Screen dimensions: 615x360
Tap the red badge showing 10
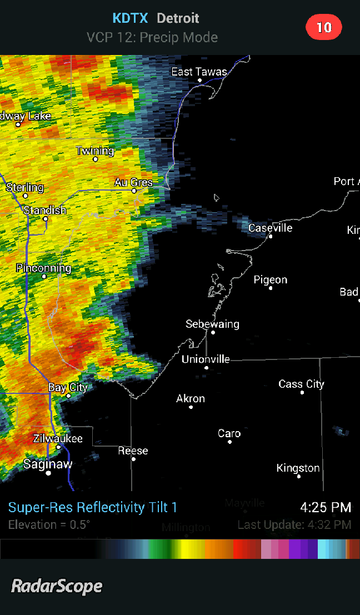pos(324,27)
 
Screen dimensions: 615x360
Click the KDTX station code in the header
pos(130,18)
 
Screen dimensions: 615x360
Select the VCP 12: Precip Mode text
pos(152,37)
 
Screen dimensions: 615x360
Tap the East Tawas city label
pos(199,72)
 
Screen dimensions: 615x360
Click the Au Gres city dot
pos(134,191)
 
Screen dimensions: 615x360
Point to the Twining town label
pos(95,151)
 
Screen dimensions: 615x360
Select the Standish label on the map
pos(44,210)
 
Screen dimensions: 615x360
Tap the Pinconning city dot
pos(44,276)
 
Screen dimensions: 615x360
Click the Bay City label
pos(68,387)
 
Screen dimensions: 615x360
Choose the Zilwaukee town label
pos(58,438)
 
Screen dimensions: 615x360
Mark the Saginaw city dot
pos(48,473)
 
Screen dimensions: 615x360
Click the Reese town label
pos(133,451)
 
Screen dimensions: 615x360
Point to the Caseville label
pos(270,228)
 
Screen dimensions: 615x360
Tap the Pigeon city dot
pos(271,288)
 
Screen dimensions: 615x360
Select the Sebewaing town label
pos(212,324)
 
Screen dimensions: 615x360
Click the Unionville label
pos(206,359)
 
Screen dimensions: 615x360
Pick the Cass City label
pos(301,384)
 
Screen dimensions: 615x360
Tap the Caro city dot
pos(229,442)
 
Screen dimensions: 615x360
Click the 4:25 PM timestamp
pos(326,507)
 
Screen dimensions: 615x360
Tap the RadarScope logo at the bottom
pos(57,586)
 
